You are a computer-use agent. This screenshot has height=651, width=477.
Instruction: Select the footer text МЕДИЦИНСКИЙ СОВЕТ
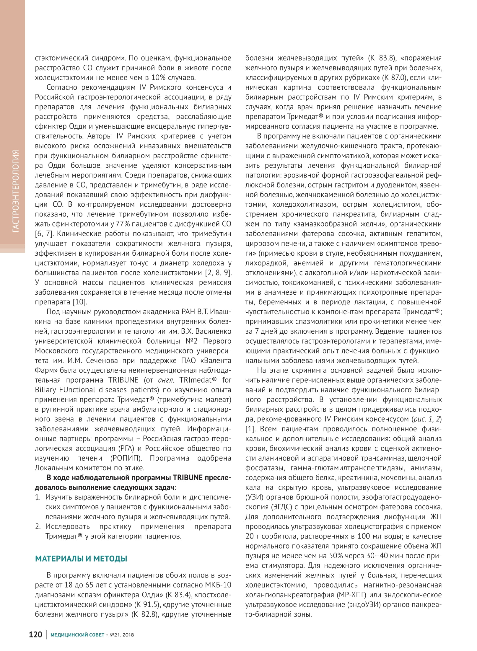click(x=77, y=635)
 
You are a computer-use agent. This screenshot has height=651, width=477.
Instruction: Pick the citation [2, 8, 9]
click(x=218, y=273)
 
